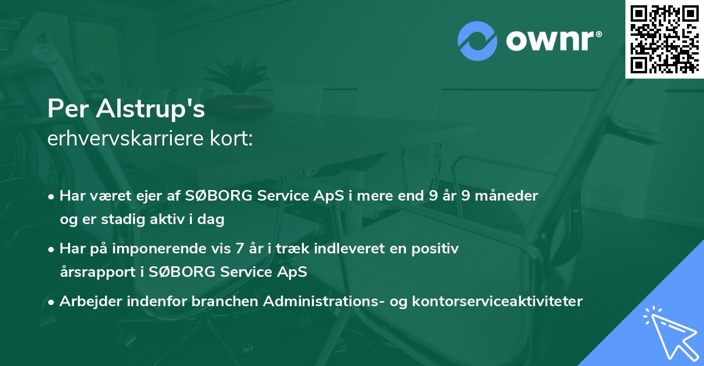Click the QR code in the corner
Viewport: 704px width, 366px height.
click(x=664, y=39)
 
